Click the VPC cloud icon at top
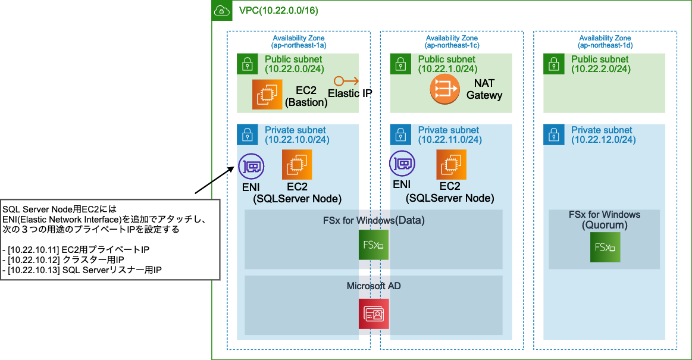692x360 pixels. pyautogui.click(x=222, y=10)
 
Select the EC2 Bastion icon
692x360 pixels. pyautogui.click(x=267, y=95)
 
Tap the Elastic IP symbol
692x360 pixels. pyautogui.click(x=345, y=81)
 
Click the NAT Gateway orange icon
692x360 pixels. pyautogui.click(x=444, y=90)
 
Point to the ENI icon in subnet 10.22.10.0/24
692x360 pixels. pyautogui.click(x=251, y=166)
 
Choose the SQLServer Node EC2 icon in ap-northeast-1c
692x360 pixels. pyautogui.click(x=451, y=164)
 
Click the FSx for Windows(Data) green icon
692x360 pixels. pyautogui.click(x=373, y=245)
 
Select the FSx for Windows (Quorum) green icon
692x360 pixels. pyautogui.click(x=605, y=247)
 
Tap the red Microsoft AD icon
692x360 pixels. pyautogui.click(x=373, y=314)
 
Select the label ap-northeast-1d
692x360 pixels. pyautogui.click(x=605, y=45)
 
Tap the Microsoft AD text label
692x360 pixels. pyautogui.click(x=374, y=286)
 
